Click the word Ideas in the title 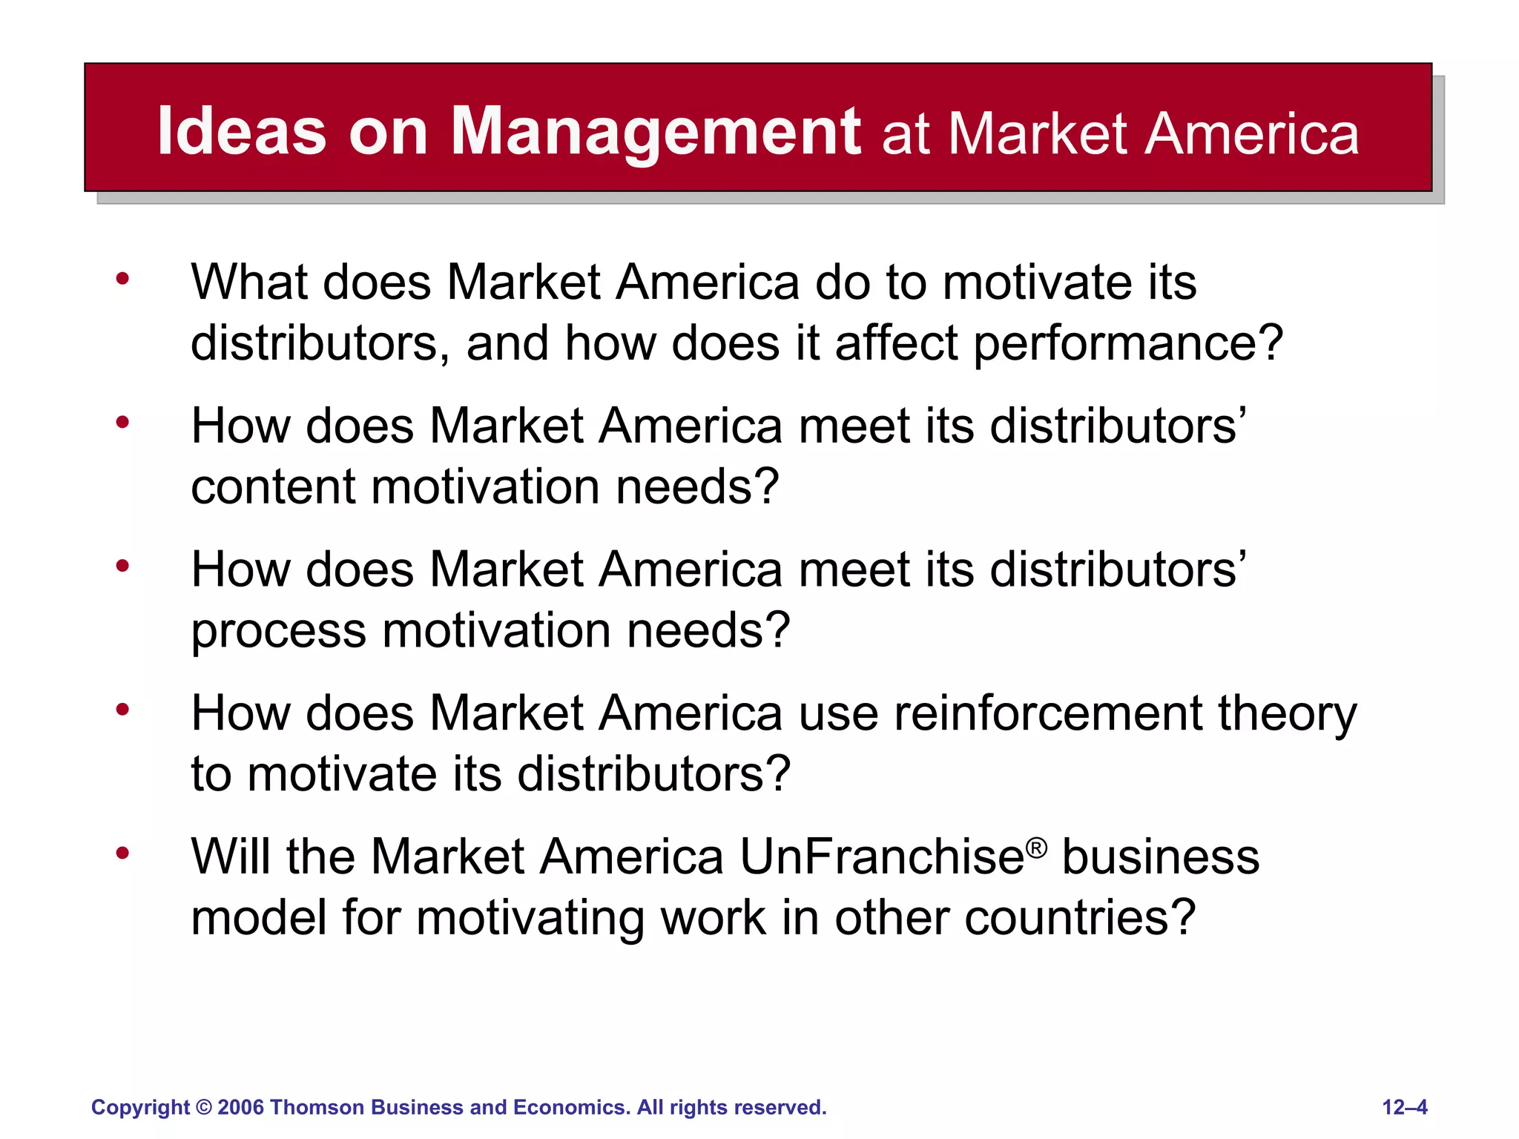pyautogui.click(x=242, y=131)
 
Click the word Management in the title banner pyautogui.click(x=656, y=133)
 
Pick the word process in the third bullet pyautogui.click(x=278, y=631)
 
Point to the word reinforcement pyautogui.click(x=1048, y=713)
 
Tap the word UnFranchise pyautogui.click(x=882, y=857)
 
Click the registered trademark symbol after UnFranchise pyautogui.click(x=1037, y=848)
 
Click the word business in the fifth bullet pyautogui.click(x=1160, y=857)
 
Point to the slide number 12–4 pyautogui.click(x=1405, y=1107)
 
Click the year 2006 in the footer pyautogui.click(x=241, y=1107)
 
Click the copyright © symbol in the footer pyautogui.click(x=204, y=1107)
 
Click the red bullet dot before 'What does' pyautogui.click(x=122, y=280)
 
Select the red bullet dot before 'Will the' pyautogui.click(x=122, y=854)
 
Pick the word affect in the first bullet pyautogui.click(x=896, y=344)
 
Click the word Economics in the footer pyautogui.click(x=572, y=1107)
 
